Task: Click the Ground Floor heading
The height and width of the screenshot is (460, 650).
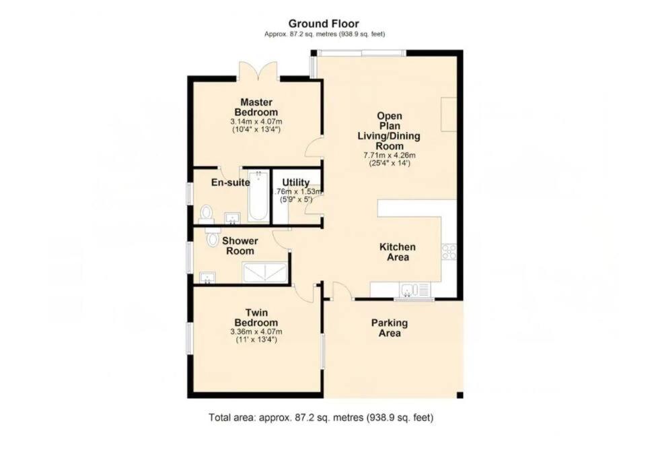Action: point(324,24)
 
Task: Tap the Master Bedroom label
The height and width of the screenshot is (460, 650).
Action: point(256,107)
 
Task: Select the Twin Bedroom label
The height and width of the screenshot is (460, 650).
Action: point(256,318)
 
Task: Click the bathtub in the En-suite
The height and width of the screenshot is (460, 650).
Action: point(258,195)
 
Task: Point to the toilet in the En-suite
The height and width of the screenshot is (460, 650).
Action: point(206,213)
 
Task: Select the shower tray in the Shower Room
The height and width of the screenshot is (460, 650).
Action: point(264,273)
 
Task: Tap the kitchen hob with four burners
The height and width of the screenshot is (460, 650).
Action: point(449,251)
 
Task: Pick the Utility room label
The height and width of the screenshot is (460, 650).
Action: point(295,183)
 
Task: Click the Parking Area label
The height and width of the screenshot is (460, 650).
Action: point(389,328)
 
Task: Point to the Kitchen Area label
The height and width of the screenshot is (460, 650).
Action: point(398,252)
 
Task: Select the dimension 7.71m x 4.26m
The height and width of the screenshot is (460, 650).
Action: point(389,156)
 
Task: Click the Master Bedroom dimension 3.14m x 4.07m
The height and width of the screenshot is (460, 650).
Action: point(256,122)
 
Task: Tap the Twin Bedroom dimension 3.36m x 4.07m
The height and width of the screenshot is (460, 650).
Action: point(256,332)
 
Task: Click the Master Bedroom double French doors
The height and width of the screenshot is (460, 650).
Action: point(258,71)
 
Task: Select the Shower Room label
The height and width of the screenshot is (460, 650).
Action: point(240,246)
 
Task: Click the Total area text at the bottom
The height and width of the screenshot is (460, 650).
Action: point(321,418)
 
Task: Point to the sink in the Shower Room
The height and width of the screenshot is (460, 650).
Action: point(207,277)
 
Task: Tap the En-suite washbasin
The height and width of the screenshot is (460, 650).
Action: point(233,218)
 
